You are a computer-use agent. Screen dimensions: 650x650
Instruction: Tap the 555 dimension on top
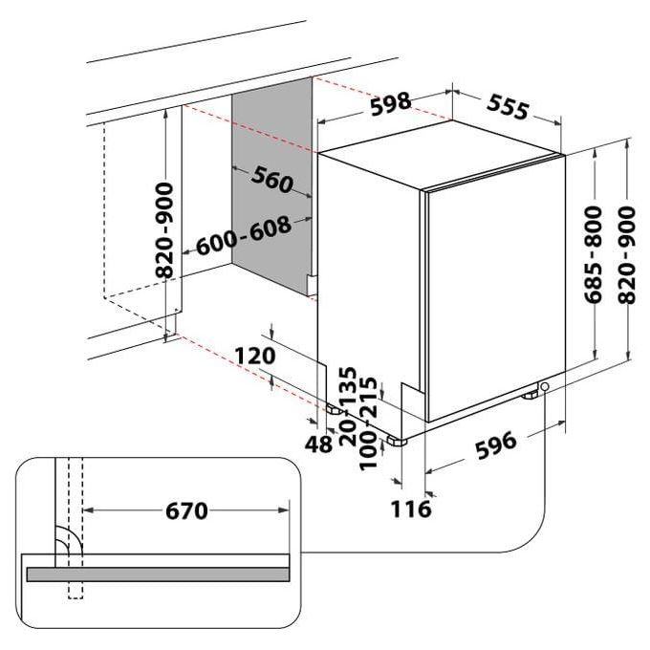508,106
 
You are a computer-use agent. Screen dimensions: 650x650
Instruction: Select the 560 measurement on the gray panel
271,179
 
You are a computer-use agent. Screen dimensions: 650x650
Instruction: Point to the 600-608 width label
244,235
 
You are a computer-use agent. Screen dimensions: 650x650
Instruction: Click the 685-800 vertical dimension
593,254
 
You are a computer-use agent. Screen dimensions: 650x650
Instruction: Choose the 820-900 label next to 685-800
626,255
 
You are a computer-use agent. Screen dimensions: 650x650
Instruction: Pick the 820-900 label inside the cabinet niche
164,230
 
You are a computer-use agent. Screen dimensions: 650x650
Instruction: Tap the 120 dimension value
254,356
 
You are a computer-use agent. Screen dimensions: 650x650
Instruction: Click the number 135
347,385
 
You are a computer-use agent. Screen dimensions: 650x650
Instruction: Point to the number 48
318,444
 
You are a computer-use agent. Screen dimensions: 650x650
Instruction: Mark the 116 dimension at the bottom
411,509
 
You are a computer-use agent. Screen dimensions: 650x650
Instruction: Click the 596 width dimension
496,445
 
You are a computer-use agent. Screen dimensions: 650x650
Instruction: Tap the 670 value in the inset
186,510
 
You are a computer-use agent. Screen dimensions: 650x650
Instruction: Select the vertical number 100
367,450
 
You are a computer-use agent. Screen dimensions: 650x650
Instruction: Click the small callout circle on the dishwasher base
545,387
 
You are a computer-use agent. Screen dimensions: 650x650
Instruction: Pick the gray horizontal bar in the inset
158,574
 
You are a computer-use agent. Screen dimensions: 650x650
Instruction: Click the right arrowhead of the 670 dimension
284,510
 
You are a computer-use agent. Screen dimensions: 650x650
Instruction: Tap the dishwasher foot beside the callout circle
530,396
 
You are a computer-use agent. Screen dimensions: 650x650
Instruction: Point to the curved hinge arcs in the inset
70,540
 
